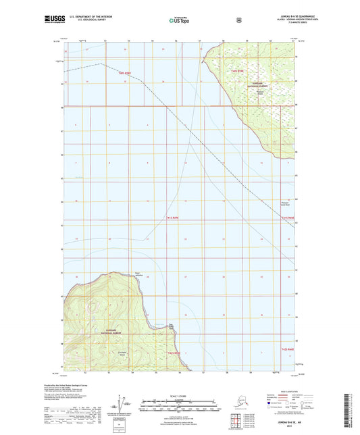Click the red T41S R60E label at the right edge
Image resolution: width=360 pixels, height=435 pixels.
pyautogui.click(x=288, y=217)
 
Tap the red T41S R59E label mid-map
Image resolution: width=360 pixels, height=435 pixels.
pyautogui.click(x=174, y=217)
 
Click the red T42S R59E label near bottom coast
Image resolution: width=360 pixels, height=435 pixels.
pyautogui.click(x=174, y=353)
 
